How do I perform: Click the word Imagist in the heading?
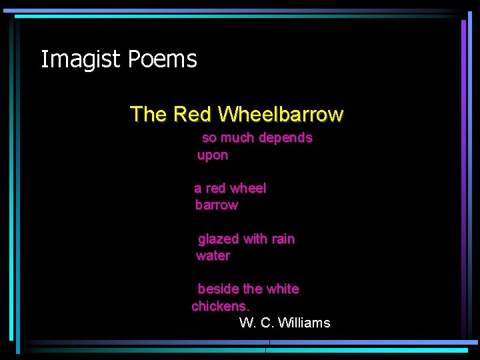click(81, 59)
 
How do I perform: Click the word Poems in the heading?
click(162, 59)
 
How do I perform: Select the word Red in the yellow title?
click(191, 114)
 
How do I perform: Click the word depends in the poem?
click(285, 138)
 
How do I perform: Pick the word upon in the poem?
click(213, 155)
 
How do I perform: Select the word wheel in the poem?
click(248, 189)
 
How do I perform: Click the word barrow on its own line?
click(216, 205)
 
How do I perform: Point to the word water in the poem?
click(213, 256)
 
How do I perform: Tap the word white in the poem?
click(283, 289)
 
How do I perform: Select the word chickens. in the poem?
click(220, 307)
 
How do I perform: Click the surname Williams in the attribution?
click(303, 323)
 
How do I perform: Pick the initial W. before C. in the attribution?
click(247, 323)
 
